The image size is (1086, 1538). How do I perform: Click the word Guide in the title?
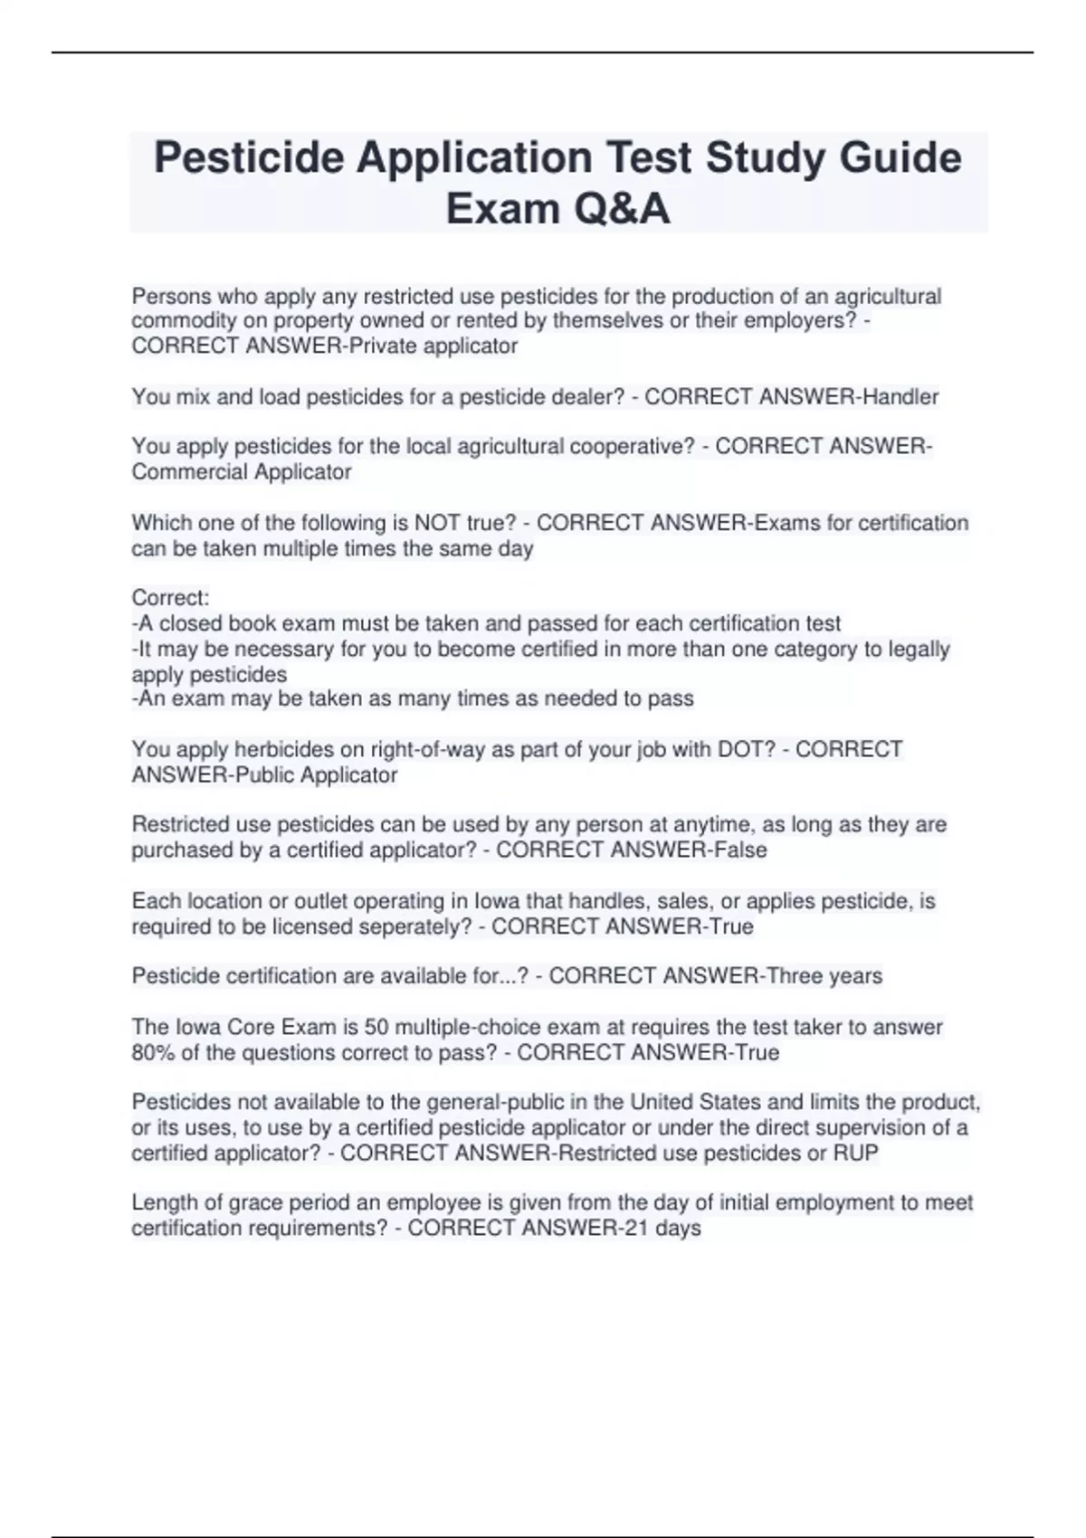pos(900,157)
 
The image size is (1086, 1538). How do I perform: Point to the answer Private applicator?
pos(433,346)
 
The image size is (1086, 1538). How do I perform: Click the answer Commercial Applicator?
pos(242,471)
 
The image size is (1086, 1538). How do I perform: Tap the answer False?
pos(740,850)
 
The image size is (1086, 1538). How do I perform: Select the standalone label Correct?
pos(170,597)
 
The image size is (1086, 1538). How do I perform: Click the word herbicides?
pos(285,749)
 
